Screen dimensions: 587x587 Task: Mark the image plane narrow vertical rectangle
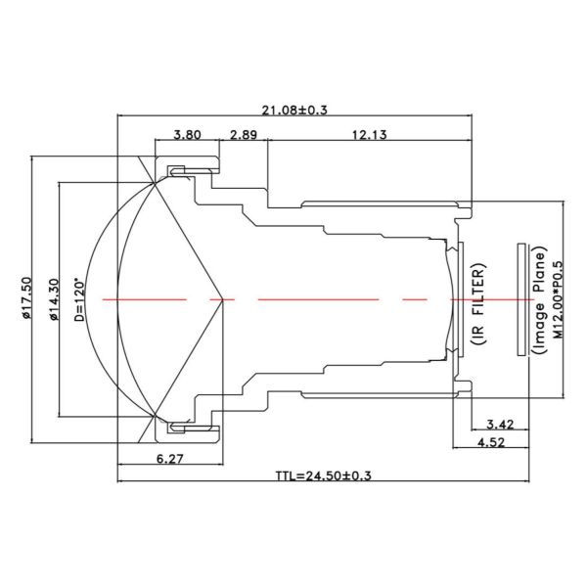pos(520,298)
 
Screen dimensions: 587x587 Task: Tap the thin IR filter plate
pos(458,298)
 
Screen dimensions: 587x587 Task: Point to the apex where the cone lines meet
pos(224,298)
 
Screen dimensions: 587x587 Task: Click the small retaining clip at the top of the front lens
pos(180,172)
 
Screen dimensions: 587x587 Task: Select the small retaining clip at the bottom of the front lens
pos(180,425)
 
